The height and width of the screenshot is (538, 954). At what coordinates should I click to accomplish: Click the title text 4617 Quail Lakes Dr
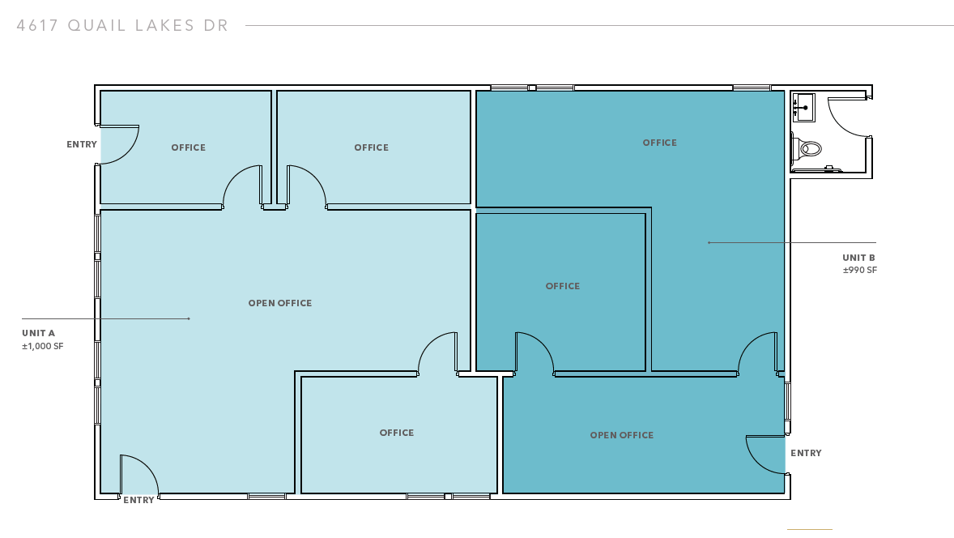tap(122, 26)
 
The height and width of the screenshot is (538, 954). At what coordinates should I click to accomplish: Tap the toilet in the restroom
tap(806, 148)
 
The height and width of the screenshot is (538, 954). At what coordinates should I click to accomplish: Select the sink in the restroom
tap(803, 108)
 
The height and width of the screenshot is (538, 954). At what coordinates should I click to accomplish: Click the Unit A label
tap(38, 333)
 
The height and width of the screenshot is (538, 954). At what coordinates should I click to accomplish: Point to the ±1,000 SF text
tap(43, 346)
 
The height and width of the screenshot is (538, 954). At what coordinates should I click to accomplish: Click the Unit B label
tap(858, 258)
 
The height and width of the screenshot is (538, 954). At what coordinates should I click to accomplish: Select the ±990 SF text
tap(860, 271)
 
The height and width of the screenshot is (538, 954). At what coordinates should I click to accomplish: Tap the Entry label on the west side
tap(82, 144)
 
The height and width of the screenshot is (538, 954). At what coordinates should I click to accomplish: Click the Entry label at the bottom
tap(138, 500)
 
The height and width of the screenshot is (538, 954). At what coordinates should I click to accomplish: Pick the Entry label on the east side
tap(806, 453)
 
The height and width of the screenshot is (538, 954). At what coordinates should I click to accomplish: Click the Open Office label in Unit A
tap(280, 303)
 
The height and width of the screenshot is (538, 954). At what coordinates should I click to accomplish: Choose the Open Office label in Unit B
tap(622, 435)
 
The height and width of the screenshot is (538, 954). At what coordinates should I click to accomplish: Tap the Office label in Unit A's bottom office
tap(397, 433)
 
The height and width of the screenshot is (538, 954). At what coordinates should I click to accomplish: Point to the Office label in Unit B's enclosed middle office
tap(563, 286)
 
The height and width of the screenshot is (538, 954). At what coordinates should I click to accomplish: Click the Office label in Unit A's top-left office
tap(189, 147)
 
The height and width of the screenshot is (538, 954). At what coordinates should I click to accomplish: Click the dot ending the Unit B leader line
tap(709, 243)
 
